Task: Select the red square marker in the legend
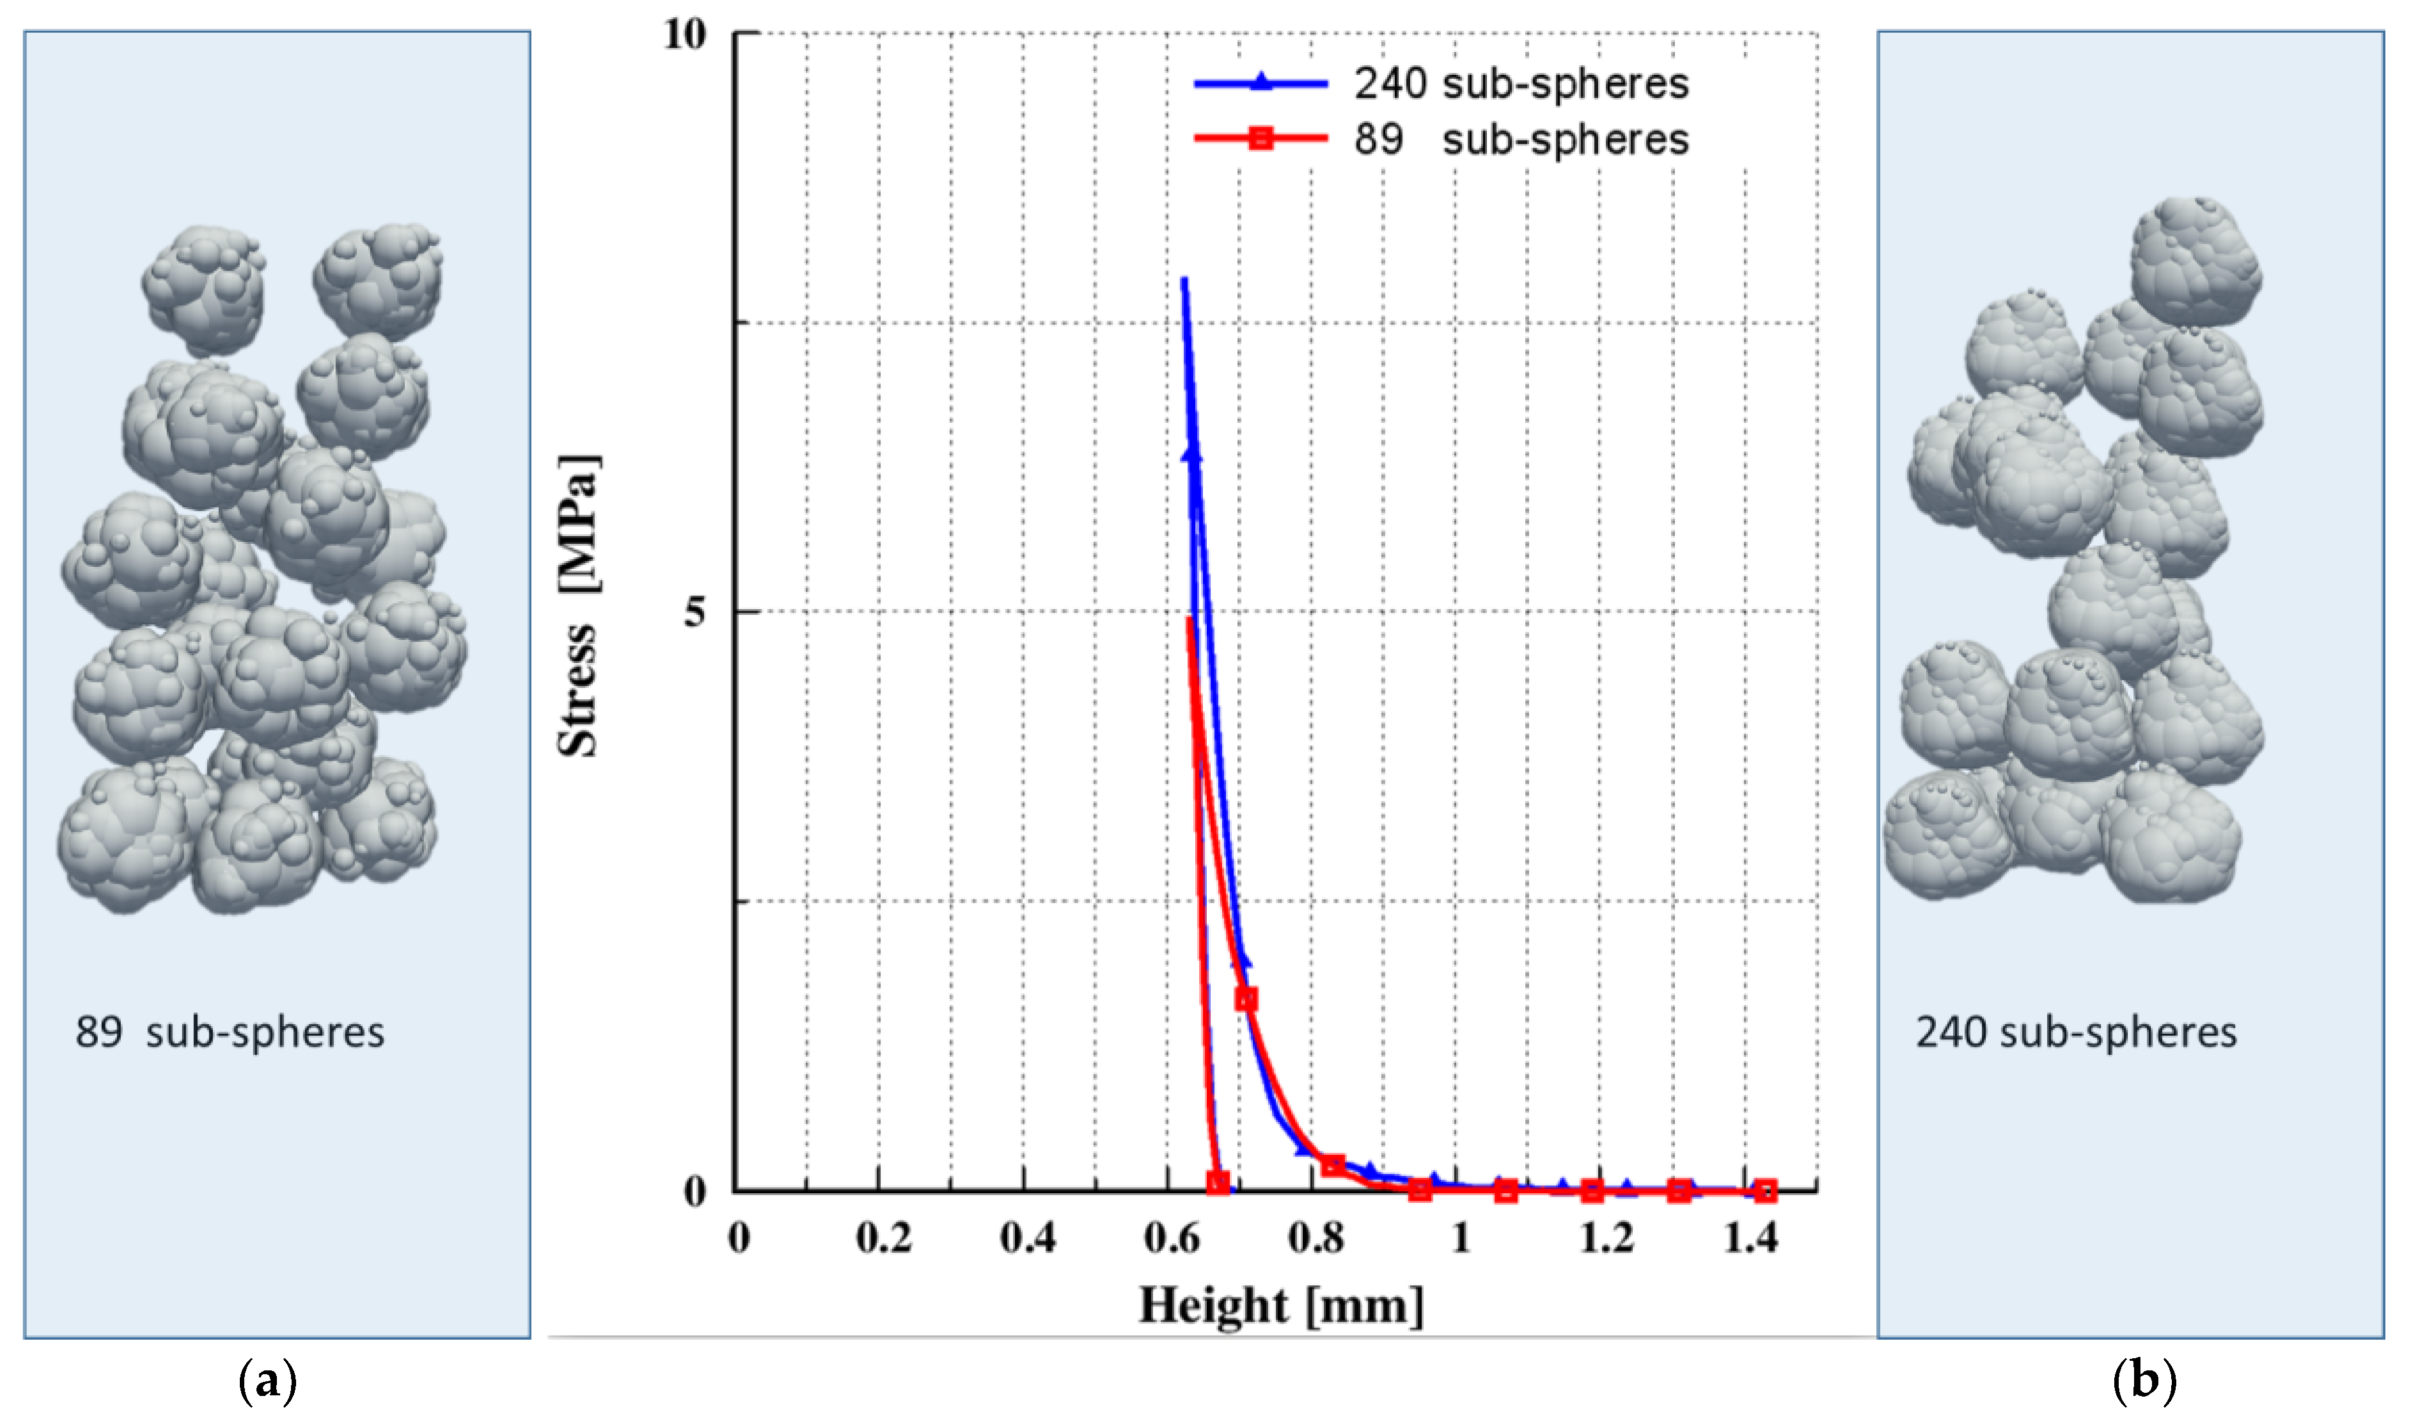pos(1261,139)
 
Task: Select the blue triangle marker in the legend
pos(1261,83)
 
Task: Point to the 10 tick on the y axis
pos(685,35)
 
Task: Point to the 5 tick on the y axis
pos(694,612)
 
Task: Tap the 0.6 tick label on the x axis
pos(1171,1239)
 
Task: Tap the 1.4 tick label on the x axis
pos(1750,1239)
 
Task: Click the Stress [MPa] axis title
pos(579,606)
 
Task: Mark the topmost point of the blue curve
pos(1184,280)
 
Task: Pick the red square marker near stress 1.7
pos(1246,999)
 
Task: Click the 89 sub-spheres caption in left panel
pos(230,1033)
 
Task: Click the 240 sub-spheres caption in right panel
pos(2075,1033)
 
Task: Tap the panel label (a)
pos(266,1381)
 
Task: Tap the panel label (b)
pos(2144,1381)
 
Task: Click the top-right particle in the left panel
pos(378,280)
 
